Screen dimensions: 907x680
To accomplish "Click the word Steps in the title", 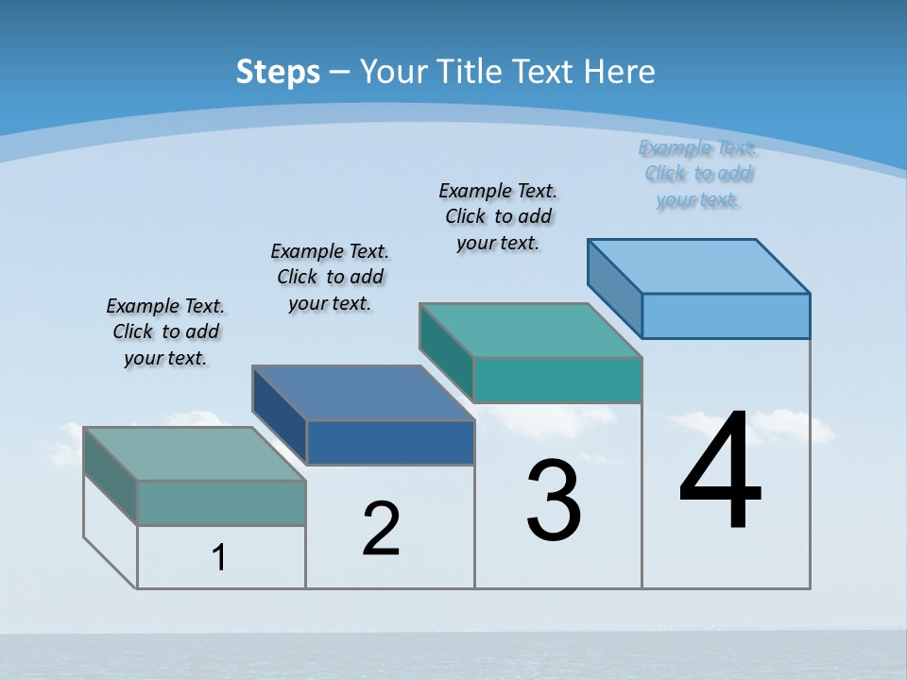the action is pos(278,72).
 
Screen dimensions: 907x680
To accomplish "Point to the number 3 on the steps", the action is pos(554,501).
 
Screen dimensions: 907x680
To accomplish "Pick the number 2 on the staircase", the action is pos(381,529).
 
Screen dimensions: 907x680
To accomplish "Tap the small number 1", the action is pos(219,558).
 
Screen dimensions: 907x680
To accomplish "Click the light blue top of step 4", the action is pos(699,265).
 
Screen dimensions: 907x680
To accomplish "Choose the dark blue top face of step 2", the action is pos(364,392).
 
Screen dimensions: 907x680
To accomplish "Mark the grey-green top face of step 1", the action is pos(195,453).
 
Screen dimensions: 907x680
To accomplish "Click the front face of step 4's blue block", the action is pos(726,315).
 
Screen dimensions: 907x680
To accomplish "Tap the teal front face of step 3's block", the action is pos(557,380).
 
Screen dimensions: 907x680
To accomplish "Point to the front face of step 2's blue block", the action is pos(390,442).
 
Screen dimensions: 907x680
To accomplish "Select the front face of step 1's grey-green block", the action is pos(221,502).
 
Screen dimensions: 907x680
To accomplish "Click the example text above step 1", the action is pos(165,331).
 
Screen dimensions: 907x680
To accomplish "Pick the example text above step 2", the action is pos(330,277).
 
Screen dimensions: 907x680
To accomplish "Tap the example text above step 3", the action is pos(498,216).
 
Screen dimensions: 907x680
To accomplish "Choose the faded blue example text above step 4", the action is pos(698,174).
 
